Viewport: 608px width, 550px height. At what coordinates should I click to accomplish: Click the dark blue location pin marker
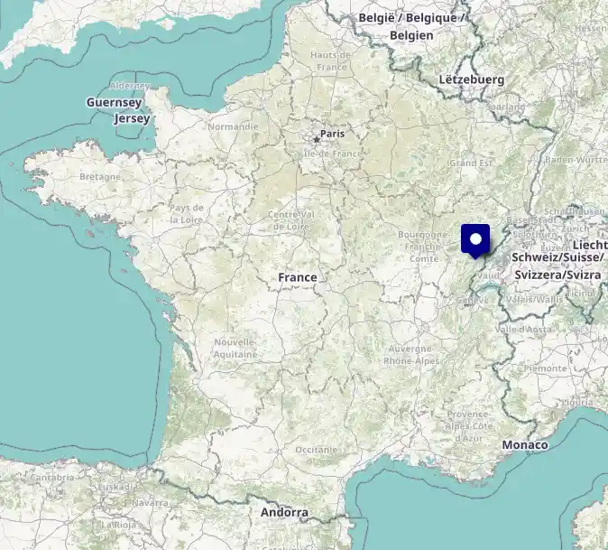(x=475, y=239)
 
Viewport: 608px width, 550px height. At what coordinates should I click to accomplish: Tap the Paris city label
(x=333, y=134)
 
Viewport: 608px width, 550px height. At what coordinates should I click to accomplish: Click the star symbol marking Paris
(x=317, y=139)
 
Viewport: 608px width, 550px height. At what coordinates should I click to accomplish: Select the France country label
(x=297, y=277)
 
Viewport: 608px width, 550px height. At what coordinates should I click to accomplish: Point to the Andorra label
(x=284, y=512)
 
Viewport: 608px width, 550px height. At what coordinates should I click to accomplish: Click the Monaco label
(x=525, y=444)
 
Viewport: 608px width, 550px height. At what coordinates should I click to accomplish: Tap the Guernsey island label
(x=115, y=103)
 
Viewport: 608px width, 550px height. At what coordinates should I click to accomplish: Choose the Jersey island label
(x=132, y=118)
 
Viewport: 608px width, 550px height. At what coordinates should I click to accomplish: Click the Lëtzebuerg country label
(x=471, y=79)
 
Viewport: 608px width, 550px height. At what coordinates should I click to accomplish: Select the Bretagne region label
(x=100, y=176)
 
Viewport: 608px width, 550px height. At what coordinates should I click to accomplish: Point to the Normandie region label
(x=233, y=126)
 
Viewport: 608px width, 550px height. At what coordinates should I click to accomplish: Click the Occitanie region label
(x=316, y=449)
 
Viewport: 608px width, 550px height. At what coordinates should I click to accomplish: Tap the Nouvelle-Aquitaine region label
(x=236, y=349)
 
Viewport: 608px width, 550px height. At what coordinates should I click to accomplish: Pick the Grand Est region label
(x=472, y=163)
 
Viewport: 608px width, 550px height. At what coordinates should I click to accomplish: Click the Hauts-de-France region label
(x=329, y=61)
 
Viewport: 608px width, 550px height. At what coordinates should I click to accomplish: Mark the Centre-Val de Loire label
(x=290, y=220)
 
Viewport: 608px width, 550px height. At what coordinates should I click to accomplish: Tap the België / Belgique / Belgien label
(x=412, y=26)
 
